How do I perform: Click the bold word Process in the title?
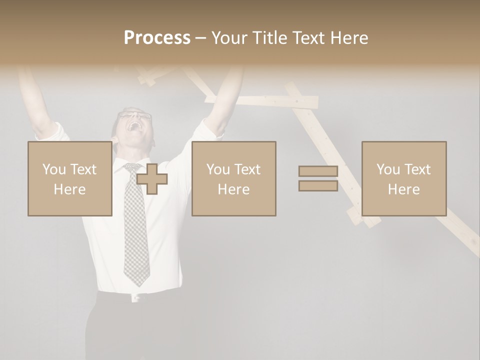[157, 38]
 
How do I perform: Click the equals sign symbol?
[318, 178]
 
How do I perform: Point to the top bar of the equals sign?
[318, 171]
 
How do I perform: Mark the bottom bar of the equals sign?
[318, 186]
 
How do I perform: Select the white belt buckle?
[135, 298]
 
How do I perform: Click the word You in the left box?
[54, 169]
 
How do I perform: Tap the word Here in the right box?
[403, 189]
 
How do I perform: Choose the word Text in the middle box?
[247, 169]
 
